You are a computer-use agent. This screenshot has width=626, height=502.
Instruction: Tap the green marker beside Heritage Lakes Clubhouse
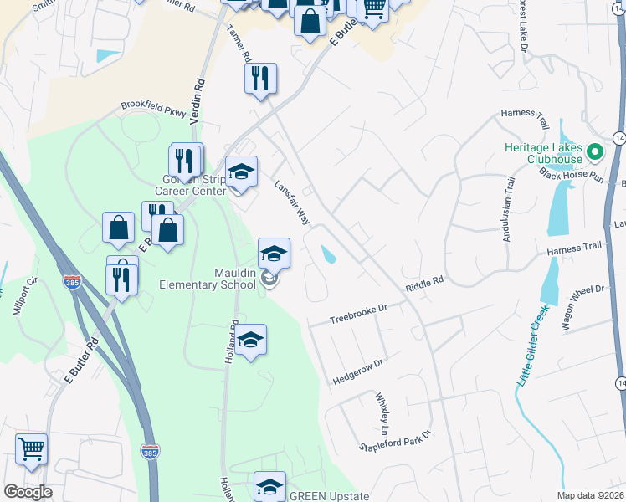coord(595,152)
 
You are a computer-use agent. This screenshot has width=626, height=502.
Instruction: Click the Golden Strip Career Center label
coord(194,186)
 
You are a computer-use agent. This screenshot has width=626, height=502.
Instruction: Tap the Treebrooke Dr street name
coord(359,315)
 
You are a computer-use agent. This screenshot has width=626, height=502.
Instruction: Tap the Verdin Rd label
coord(198,102)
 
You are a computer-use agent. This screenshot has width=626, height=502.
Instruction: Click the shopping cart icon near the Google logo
coord(31,448)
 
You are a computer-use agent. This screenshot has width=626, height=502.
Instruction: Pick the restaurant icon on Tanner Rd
coord(260,79)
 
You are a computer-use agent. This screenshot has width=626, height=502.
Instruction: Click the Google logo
coord(28,491)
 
